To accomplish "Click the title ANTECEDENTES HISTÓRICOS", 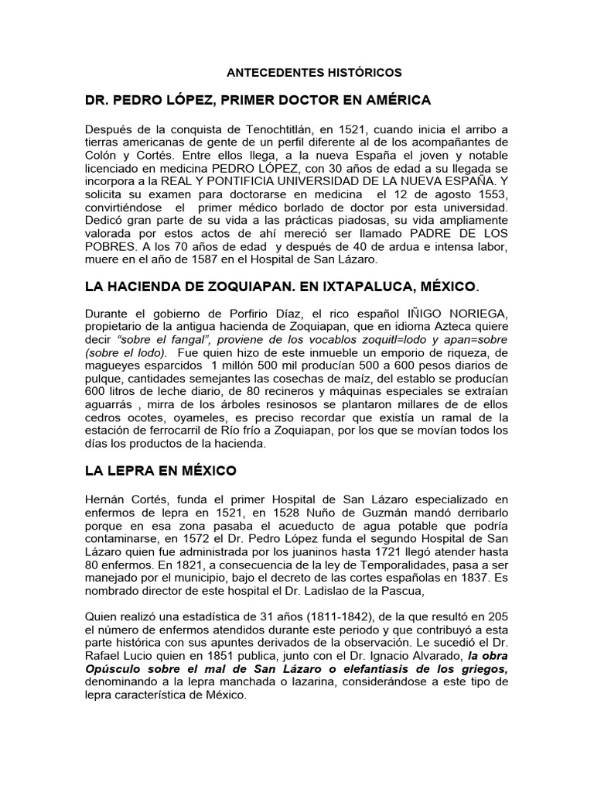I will tap(314, 72).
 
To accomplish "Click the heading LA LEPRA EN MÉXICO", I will tap(161, 470).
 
